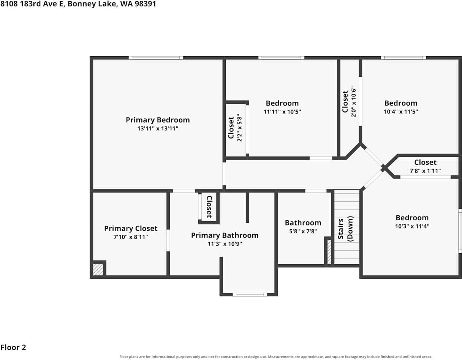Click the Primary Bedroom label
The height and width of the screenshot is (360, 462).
pos(158,120)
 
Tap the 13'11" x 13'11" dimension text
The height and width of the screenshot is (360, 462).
pos(158,128)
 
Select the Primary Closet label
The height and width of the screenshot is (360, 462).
pos(131,229)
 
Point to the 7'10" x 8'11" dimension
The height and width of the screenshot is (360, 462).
pos(131,237)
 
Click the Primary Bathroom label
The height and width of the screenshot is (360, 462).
pos(225,235)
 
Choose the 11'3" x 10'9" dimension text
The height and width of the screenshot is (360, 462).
pos(225,243)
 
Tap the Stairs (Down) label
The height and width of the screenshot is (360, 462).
pos(345,229)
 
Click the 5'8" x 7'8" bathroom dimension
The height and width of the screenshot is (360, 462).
pos(303,231)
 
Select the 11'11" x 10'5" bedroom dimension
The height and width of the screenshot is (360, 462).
pos(282,112)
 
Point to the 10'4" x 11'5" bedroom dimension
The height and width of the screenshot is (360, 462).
pos(401,112)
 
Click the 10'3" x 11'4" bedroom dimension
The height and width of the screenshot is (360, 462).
pos(412,226)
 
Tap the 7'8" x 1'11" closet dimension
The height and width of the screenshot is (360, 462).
pos(425,171)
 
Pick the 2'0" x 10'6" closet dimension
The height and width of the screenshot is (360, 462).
pos(353,101)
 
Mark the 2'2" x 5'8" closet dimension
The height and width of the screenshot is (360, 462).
pos(239,128)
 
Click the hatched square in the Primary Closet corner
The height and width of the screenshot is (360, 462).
pos(98,270)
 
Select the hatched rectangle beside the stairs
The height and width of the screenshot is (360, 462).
pos(329,252)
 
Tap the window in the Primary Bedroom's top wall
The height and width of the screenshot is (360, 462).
pos(156,58)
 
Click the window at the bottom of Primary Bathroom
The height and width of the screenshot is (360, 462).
pos(250,295)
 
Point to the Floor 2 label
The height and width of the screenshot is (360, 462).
pos(13,347)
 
